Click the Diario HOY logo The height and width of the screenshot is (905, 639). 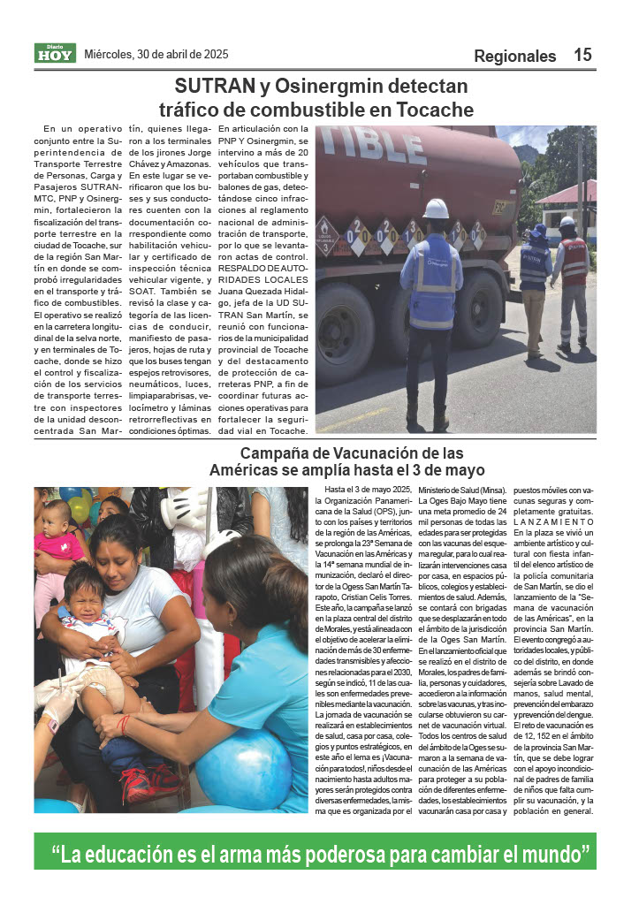[55, 53]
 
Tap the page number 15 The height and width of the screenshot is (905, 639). [582, 55]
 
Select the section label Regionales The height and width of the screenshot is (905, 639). [514, 57]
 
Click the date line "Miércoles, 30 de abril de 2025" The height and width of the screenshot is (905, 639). [156, 54]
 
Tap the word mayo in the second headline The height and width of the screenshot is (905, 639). [461, 470]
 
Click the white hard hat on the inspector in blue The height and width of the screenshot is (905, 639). [435, 209]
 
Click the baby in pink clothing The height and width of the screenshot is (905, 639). [57, 539]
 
